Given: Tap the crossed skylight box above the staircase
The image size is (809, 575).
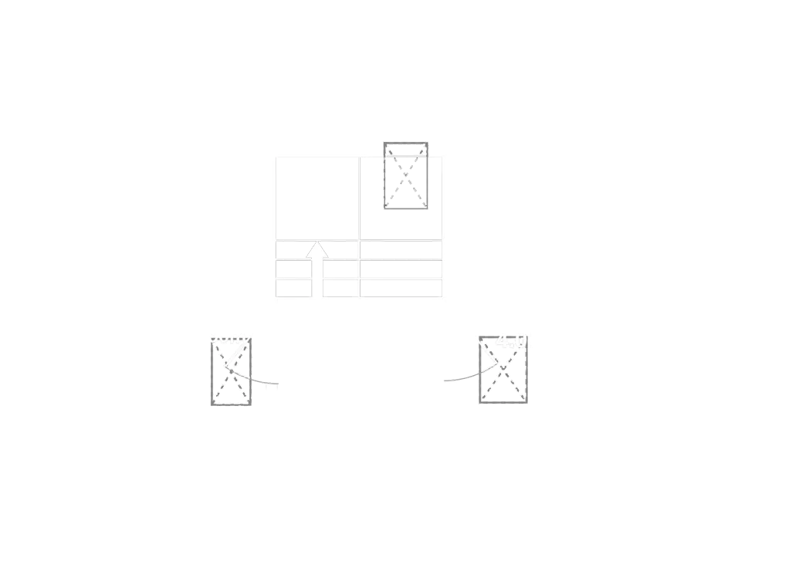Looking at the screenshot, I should click(x=407, y=175).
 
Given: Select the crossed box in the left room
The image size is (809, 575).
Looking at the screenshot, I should click(x=232, y=371).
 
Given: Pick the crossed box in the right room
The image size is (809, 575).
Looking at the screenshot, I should click(x=503, y=370).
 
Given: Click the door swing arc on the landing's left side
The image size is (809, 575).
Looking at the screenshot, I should click(x=266, y=381).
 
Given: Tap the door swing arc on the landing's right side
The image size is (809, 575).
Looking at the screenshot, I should click(x=455, y=377).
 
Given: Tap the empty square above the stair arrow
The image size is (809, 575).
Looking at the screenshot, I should click(x=317, y=196).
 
